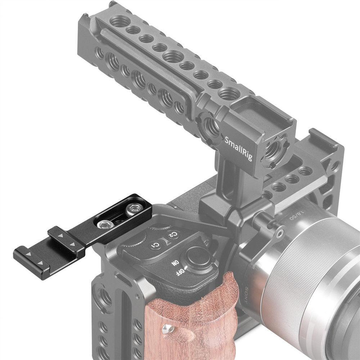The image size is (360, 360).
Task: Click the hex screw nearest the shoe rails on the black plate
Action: pyautogui.click(x=104, y=224)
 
